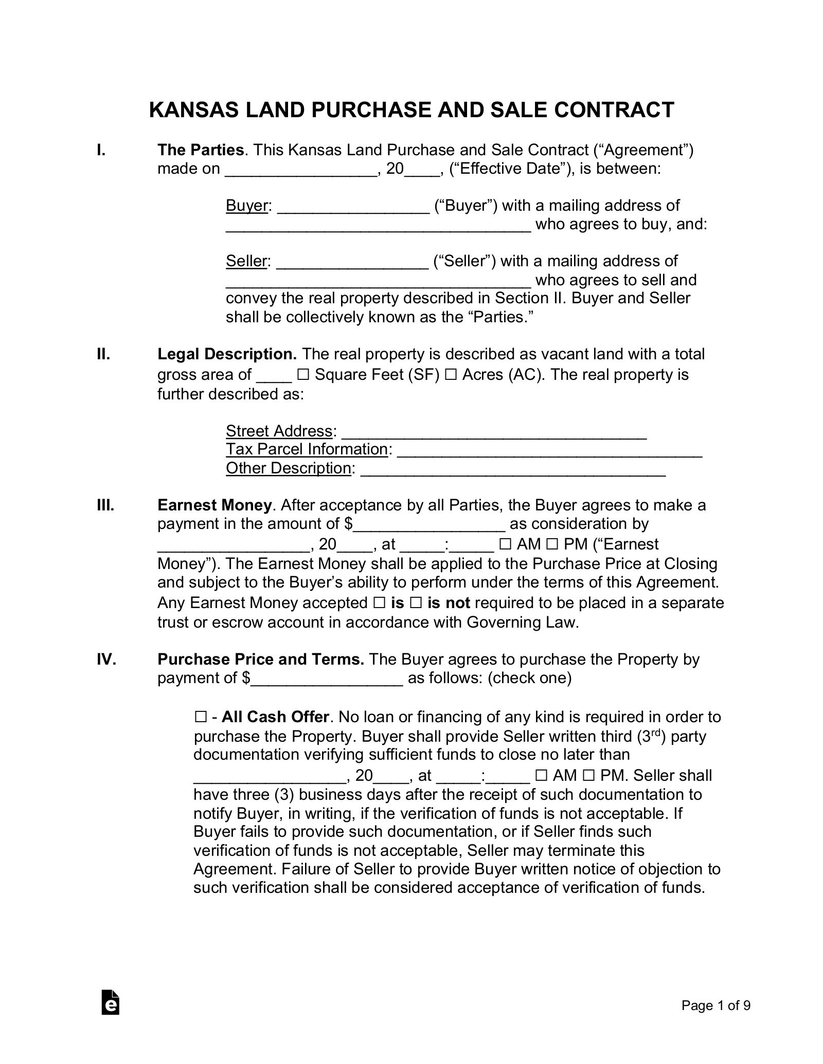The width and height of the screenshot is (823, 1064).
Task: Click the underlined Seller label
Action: click(x=246, y=261)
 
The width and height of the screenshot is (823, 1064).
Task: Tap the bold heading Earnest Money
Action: click(x=214, y=505)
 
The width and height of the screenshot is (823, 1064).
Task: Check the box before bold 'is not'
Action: click(x=417, y=603)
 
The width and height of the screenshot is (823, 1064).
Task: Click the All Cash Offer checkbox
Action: click(x=200, y=717)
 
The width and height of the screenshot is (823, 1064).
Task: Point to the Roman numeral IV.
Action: click(x=106, y=659)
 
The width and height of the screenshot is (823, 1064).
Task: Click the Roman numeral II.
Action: click(x=103, y=354)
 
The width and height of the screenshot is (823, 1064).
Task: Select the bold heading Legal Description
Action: click(x=227, y=354)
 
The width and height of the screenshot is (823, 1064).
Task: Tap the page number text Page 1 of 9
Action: click(x=716, y=1005)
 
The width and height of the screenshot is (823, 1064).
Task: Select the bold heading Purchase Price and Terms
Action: click(x=261, y=659)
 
